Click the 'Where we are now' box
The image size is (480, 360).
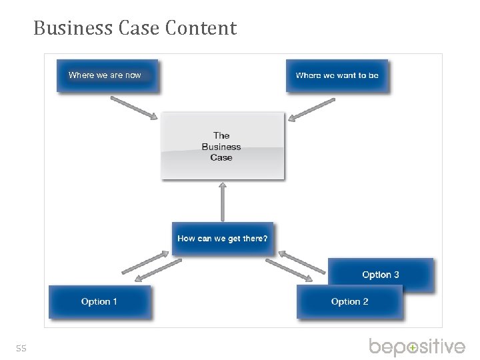(x=107, y=75)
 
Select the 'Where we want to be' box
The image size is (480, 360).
(x=337, y=75)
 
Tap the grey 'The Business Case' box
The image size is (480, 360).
(x=222, y=146)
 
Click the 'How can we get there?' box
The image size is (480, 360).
(x=223, y=239)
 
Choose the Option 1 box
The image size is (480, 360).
(x=100, y=302)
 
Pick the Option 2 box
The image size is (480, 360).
(x=350, y=302)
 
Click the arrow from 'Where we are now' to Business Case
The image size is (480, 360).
(x=133, y=107)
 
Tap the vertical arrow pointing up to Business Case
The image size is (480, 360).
(x=223, y=201)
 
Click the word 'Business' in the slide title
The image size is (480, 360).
(x=63, y=29)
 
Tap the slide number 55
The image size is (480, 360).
(x=21, y=348)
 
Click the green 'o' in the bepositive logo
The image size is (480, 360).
(x=413, y=347)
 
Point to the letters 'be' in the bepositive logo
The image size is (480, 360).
(x=383, y=347)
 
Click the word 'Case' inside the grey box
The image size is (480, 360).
(x=221, y=158)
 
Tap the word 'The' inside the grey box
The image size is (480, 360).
(x=221, y=135)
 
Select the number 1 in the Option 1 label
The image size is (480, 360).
(x=115, y=302)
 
